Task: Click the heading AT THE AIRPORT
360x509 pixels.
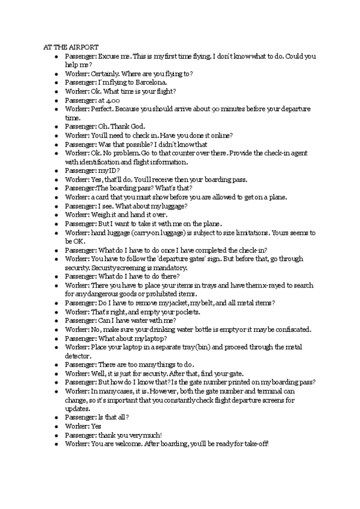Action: [x=71, y=47]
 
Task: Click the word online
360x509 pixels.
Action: [x=221, y=136]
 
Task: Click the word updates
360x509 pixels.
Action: [x=78, y=408]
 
